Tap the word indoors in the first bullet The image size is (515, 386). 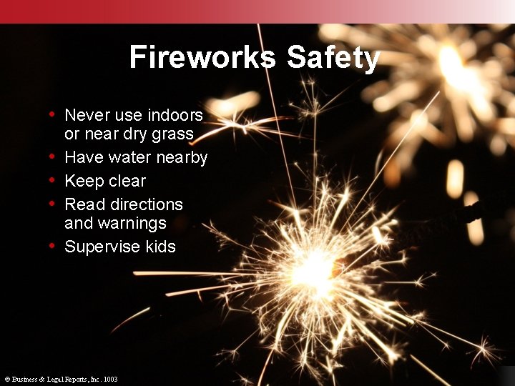[175, 115]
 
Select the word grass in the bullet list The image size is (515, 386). [172, 134]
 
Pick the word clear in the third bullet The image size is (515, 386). [126, 181]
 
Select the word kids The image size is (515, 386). [160, 247]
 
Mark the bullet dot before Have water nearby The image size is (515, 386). [52, 157]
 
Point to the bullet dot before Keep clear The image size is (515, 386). [52, 180]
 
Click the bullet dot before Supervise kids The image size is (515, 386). [52, 246]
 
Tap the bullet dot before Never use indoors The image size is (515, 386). [52, 114]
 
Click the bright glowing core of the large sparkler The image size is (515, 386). [313, 270]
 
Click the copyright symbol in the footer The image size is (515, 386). [6, 380]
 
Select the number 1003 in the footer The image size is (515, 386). [110, 380]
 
